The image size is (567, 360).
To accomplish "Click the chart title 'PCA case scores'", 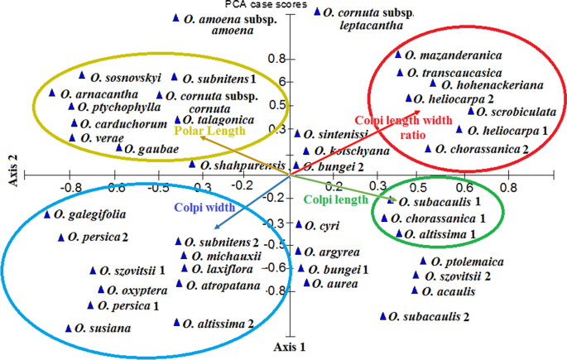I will (283, 5).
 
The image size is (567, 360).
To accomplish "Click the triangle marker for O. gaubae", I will (119, 148).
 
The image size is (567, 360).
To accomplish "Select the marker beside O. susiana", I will (69, 328).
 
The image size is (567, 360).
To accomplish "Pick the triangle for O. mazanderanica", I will (398, 55).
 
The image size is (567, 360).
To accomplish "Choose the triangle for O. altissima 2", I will (176, 324).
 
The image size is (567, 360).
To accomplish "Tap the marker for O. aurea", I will (307, 283).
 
